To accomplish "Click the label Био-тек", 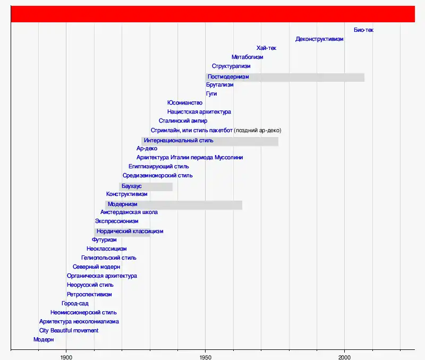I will [x=363, y=30].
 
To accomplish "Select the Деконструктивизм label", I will [x=319, y=39].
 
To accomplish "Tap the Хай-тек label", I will [x=266, y=48].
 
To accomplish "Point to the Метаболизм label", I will [x=247, y=57].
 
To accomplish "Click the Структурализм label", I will [x=231, y=66].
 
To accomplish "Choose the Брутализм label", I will [x=219, y=84].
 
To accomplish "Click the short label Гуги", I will [x=211, y=93].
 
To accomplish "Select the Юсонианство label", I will [x=185, y=102].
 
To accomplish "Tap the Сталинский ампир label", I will [x=183, y=121].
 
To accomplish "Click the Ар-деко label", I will [x=147, y=149].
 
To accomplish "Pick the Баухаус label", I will [x=131, y=186].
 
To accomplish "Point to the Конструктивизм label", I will [x=127, y=194].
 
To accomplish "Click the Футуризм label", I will [x=104, y=239].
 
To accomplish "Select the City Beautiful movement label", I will [x=69, y=330].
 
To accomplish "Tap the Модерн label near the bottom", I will [x=44, y=339].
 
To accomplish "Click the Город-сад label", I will [x=75, y=303].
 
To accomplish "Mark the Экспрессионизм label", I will [x=116, y=221].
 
